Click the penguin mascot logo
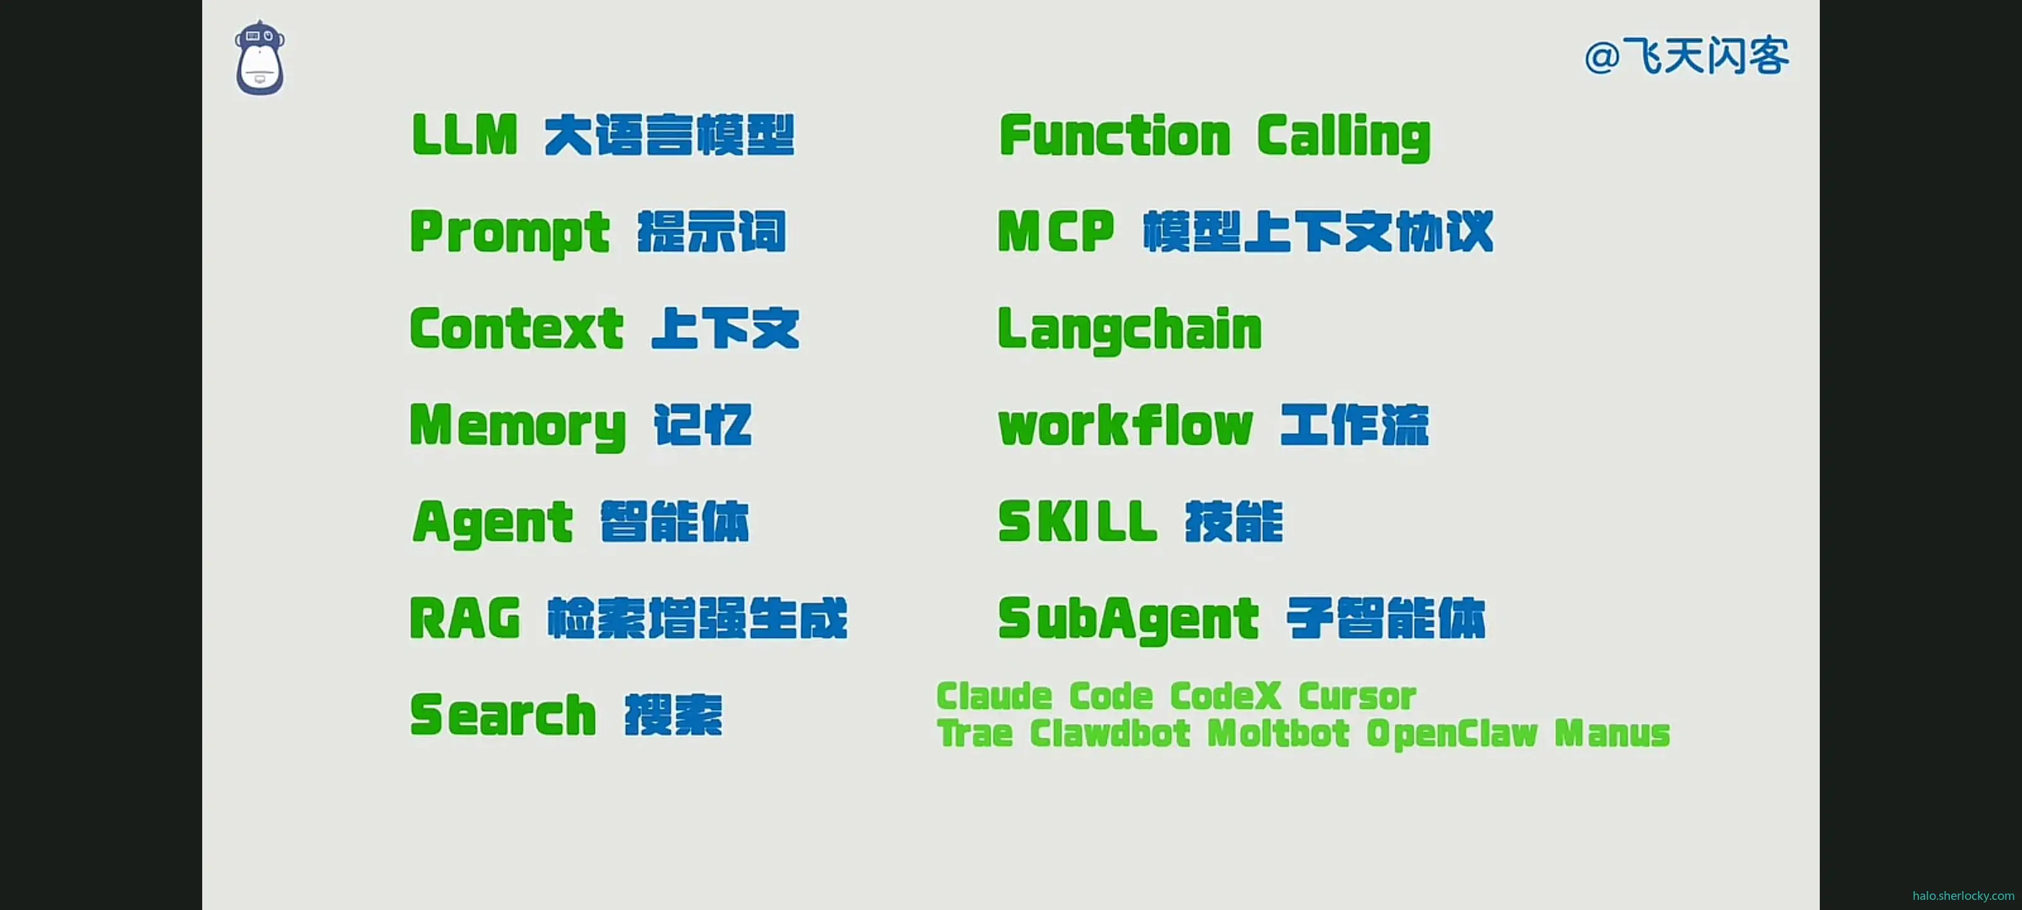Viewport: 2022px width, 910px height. [x=260, y=59]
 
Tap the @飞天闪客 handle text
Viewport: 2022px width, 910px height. [x=1686, y=56]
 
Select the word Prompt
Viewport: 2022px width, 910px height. [x=509, y=233]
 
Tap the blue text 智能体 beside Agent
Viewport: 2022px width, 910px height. [x=675, y=522]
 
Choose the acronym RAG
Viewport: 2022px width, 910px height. [x=464, y=619]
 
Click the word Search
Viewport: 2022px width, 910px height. [x=503, y=715]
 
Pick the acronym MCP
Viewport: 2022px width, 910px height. [x=1056, y=232]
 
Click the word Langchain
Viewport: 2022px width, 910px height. [x=1130, y=330]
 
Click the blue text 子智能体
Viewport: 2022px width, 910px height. [x=1386, y=619]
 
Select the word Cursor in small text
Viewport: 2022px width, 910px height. [x=1357, y=696]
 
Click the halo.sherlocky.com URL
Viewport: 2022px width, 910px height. [x=1963, y=896]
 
